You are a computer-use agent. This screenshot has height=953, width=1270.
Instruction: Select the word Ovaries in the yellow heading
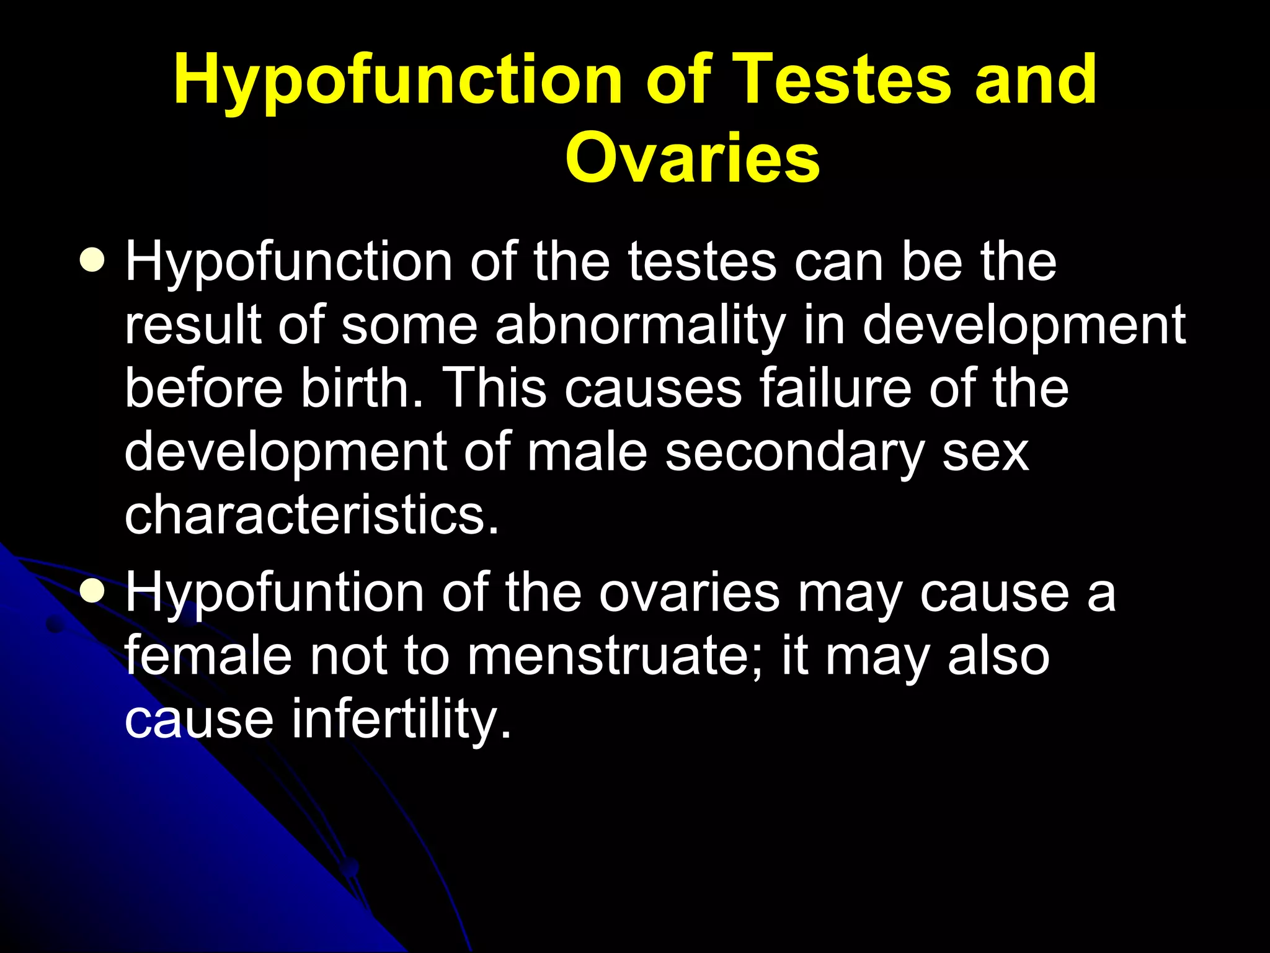[x=692, y=158]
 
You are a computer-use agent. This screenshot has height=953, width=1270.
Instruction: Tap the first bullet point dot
[x=92, y=260]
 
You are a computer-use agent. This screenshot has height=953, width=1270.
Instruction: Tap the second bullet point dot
[x=92, y=591]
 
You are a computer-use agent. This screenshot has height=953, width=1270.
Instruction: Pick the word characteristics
[x=311, y=514]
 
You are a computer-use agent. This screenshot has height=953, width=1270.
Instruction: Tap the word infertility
[x=402, y=720]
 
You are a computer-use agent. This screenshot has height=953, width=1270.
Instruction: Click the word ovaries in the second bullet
[x=689, y=593]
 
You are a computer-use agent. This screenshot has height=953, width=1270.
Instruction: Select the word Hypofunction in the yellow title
[x=397, y=79]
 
